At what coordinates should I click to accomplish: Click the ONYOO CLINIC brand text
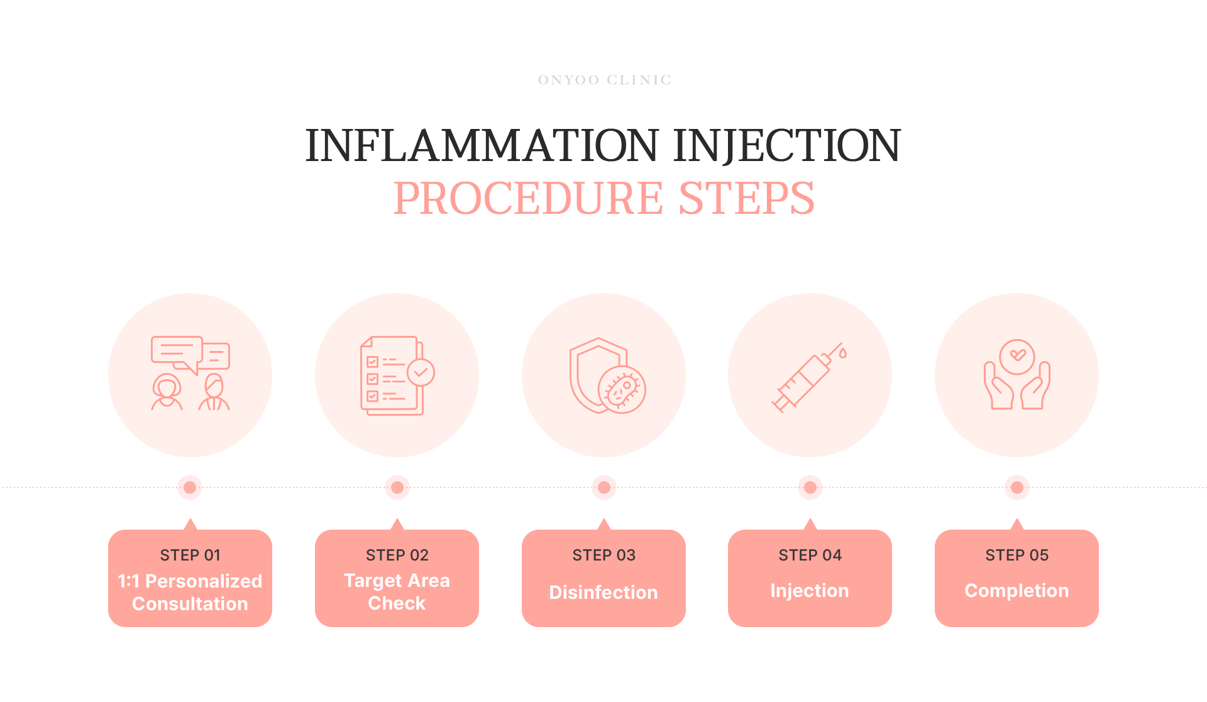click(604, 80)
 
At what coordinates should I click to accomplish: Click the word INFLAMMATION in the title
click(482, 145)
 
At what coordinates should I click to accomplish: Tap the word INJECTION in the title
click(787, 145)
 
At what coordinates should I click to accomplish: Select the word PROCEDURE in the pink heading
click(528, 198)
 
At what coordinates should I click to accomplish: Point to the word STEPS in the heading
click(747, 198)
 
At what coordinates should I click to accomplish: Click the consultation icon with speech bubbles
click(190, 374)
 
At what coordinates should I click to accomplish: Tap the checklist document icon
click(397, 376)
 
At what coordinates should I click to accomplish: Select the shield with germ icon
click(606, 376)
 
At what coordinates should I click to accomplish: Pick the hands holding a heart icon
click(1017, 375)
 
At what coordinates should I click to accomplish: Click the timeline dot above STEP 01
click(190, 487)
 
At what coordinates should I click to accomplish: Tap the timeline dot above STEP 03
click(603, 487)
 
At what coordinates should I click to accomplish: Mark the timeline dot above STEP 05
click(1017, 487)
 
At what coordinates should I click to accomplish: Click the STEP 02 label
click(397, 555)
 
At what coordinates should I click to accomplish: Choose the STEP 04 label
click(810, 555)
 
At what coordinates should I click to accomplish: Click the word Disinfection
click(603, 592)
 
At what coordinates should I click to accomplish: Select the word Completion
click(1017, 591)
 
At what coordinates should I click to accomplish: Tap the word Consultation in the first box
click(190, 604)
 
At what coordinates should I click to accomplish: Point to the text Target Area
click(397, 580)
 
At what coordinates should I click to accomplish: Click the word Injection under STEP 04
click(810, 591)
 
